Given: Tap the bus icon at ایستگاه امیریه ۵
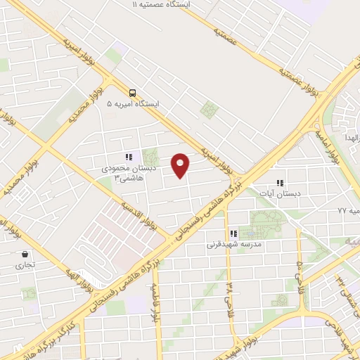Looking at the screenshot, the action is click(132, 92).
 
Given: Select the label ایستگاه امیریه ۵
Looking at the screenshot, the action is click(133, 104).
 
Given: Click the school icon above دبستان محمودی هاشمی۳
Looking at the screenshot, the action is click(128, 157).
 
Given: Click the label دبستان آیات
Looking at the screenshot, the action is click(281, 193).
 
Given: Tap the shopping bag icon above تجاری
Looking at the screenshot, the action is click(25, 255).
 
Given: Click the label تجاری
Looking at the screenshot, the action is click(25, 266).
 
